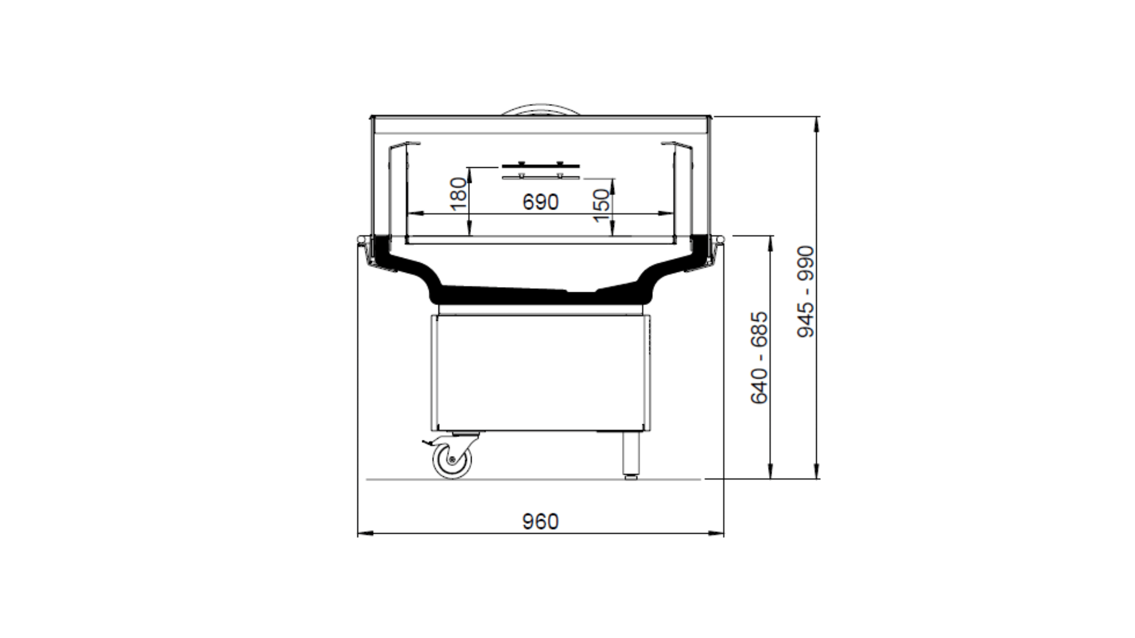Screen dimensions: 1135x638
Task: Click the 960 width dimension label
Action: [540, 521]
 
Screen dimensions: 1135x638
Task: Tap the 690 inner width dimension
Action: [540, 202]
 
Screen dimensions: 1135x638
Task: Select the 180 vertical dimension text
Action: [459, 194]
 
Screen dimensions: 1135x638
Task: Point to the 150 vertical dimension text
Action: [602, 205]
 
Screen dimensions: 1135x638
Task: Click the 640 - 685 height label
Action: [759, 358]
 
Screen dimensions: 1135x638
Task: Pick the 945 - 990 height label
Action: [805, 292]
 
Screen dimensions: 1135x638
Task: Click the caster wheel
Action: [452, 459]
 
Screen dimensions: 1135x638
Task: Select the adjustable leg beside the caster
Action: [631, 455]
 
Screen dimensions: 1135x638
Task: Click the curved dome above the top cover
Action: [540, 110]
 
